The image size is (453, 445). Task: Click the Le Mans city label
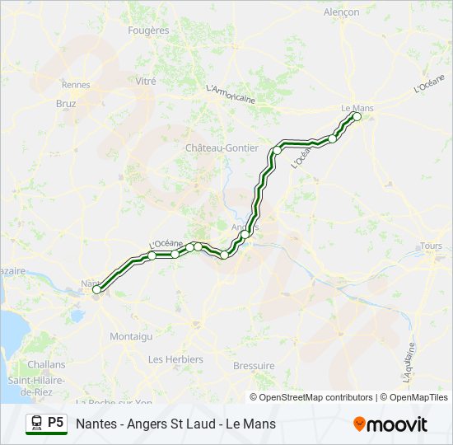[357, 107]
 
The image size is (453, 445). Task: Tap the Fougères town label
[148, 30]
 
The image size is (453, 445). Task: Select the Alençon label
[341, 12]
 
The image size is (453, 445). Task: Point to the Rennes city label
[76, 84]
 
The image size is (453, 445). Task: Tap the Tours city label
[431, 246]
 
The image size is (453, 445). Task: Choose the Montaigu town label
[131, 336]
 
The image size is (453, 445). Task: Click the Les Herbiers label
[175, 359]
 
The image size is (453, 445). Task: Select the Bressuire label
[254, 365]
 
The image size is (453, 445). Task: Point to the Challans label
[46, 363]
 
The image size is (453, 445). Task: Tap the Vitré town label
[146, 82]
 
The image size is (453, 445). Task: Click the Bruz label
[66, 104]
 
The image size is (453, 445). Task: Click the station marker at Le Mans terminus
[357, 117]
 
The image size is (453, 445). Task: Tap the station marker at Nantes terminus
[96, 289]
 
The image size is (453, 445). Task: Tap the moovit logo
[390, 424]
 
